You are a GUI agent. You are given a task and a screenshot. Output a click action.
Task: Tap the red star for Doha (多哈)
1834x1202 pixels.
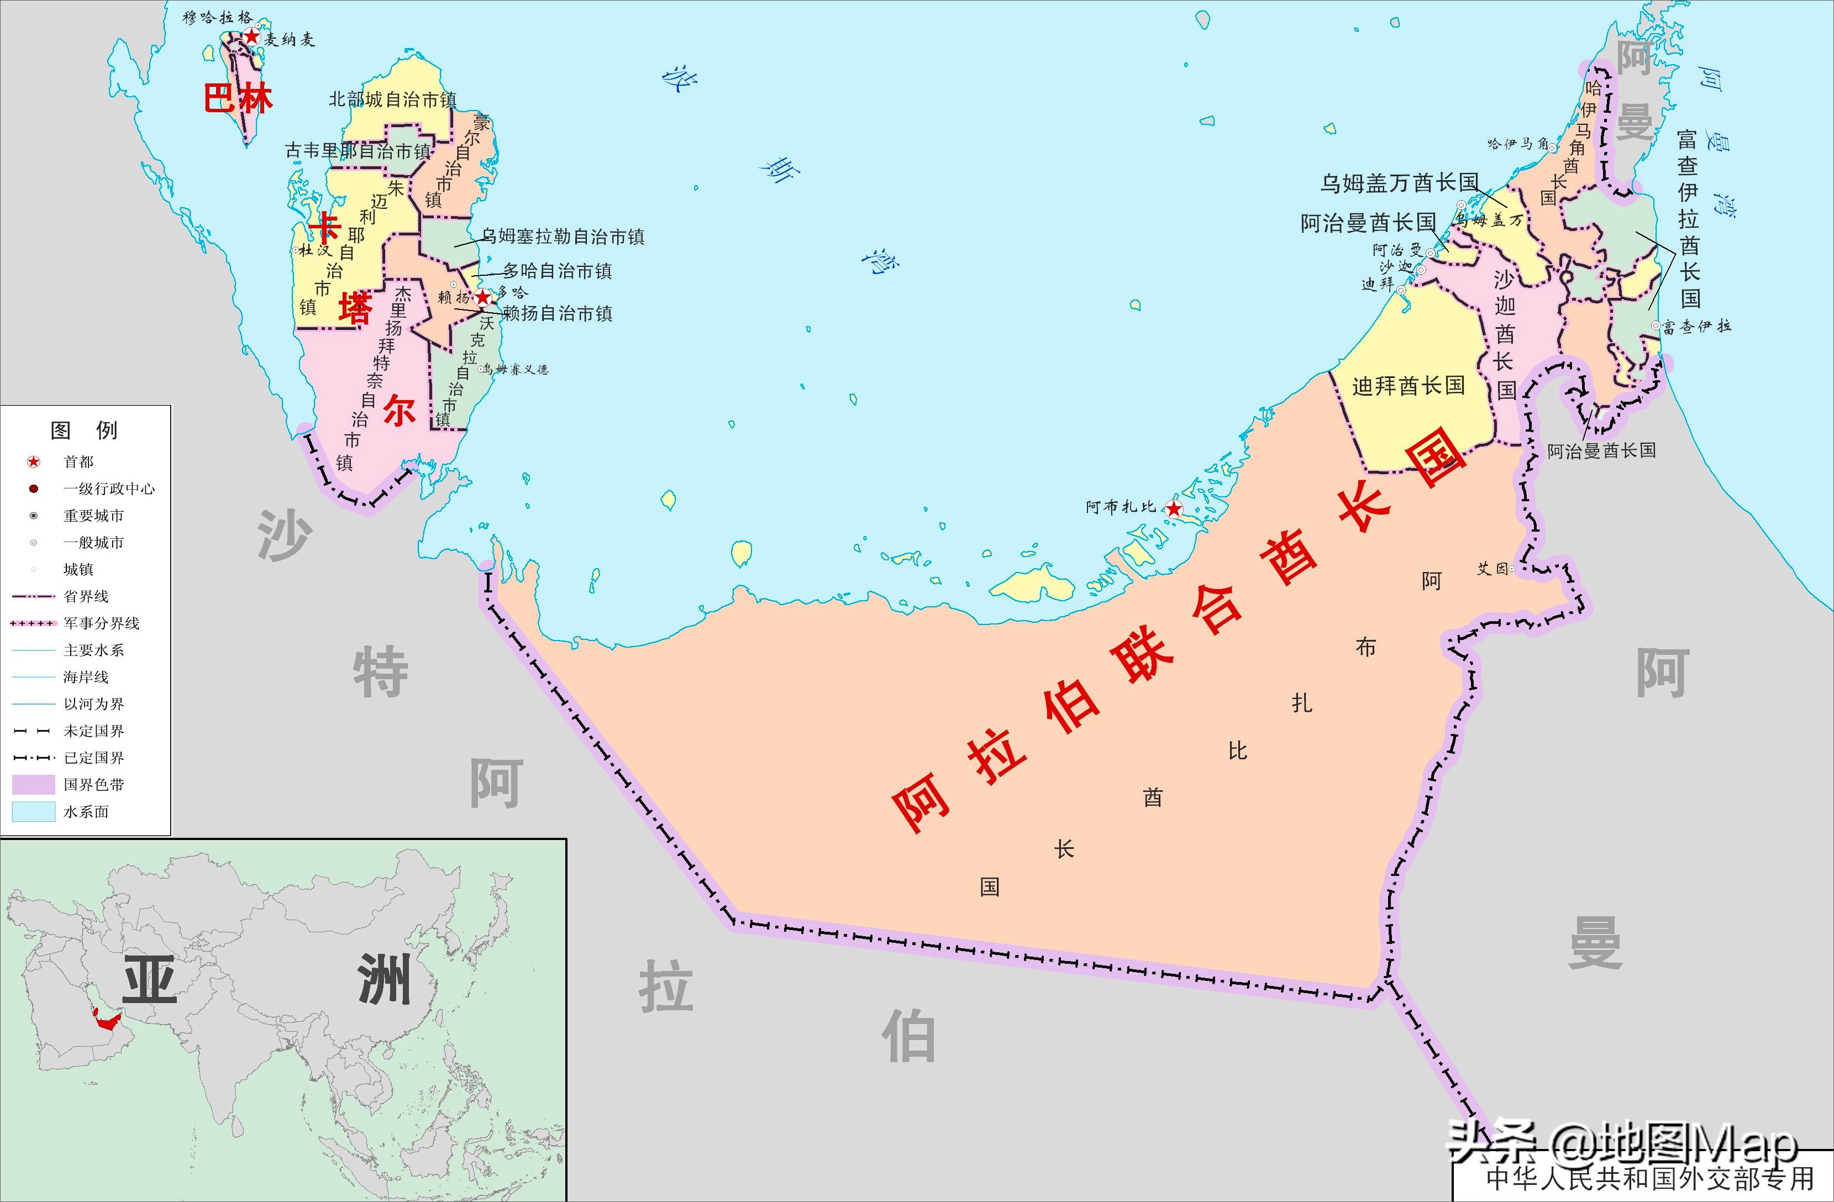click(482, 297)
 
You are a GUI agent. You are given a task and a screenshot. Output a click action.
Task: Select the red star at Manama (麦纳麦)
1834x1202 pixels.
click(251, 36)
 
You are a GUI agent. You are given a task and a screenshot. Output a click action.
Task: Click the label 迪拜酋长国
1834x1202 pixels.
click(1408, 385)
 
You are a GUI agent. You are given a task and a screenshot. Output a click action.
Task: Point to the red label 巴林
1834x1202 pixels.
click(238, 98)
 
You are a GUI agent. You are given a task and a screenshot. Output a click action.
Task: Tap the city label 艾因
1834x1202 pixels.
click(1492, 569)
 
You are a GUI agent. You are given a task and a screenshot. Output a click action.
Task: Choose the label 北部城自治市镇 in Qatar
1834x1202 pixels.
click(392, 99)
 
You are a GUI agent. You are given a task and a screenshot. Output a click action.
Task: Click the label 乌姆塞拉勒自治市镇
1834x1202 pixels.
click(563, 237)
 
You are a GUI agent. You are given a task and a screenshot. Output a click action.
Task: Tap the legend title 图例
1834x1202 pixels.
click(84, 430)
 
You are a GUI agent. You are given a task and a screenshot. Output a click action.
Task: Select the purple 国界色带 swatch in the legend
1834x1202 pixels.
click(34, 784)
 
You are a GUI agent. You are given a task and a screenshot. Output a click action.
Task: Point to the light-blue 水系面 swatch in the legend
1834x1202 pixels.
click(34, 811)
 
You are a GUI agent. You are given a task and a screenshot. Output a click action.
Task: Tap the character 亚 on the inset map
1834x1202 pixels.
click(150, 980)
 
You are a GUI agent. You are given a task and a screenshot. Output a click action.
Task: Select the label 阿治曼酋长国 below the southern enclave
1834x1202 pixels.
click(1601, 451)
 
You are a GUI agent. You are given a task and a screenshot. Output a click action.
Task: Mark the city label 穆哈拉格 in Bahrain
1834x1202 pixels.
click(217, 17)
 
